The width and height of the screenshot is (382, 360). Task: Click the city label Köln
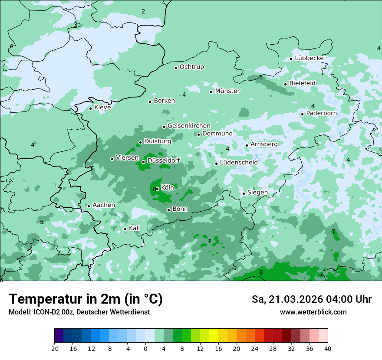pyautogui.click(x=168, y=188)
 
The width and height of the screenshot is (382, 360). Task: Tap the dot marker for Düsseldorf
pyautogui.click(x=143, y=162)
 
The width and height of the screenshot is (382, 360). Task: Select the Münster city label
pyautogui.click(x=227, y=91)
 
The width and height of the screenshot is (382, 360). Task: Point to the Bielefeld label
pyautogui.click(x=302, y=83)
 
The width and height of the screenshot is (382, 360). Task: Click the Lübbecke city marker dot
pyautogui.click(x=291, y=59)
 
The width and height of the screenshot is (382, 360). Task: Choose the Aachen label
pyautogui.click(x=104, y=205)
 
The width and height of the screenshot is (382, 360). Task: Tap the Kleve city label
pyautogui.click(x=102, y=108)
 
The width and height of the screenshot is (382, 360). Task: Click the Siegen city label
pyautogui.click(x=257, y=193)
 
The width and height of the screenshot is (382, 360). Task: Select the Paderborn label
pyautogui.click(x=321, y=114)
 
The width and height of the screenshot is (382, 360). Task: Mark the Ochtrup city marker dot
pyautogui.click(x=176, y=67)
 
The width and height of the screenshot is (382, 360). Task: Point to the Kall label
pyautogui.click(x=135, y=228)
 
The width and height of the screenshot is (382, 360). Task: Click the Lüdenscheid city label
pyautogui.click(x=239, y=163)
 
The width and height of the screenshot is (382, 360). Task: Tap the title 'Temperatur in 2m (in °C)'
pyautogui.click(x=86, y=299)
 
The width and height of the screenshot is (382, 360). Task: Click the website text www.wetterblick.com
pyautogui.click(x=313, y=312)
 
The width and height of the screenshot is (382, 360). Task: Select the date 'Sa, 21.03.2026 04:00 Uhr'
pyautogui.click(x=311, y=299)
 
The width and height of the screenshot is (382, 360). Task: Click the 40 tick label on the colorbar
pyautogui.click(x=327, y=348)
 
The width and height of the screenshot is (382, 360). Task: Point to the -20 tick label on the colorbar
pyautogui.click(x=54, y=348)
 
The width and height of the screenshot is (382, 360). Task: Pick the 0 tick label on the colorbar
pyautogui.click(x=145, y=348)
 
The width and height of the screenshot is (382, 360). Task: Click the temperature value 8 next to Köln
pyautogui.click(x=155, y=189)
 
